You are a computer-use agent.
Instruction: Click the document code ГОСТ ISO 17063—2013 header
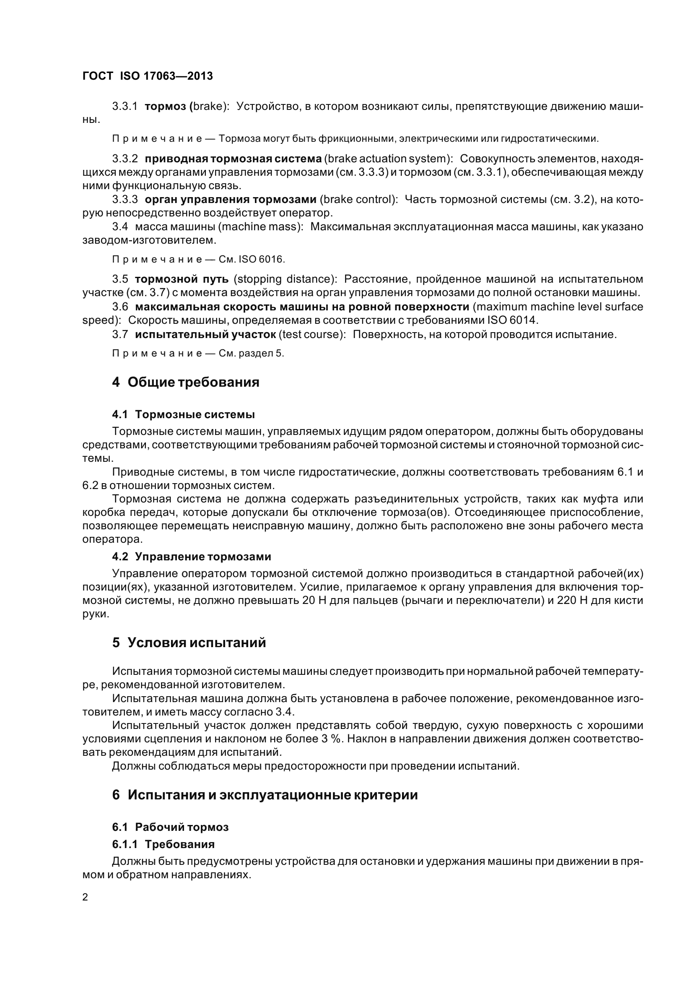click(x=147, y=76)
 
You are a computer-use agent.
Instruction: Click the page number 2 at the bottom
click(x=85, y=897)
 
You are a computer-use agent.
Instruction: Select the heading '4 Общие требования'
click(x=185, y=382)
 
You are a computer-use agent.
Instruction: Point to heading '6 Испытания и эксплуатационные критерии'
click(x=265, y=795)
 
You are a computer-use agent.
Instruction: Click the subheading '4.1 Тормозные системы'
click(x=183, y=414)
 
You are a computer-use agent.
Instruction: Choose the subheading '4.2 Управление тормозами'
click(x=191, y=556)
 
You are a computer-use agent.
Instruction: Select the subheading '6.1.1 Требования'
click(x=163, y=844)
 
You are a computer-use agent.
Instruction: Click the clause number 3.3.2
click(x=125, y=159)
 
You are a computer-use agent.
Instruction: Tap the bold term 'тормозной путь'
click(x=184, y=279)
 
